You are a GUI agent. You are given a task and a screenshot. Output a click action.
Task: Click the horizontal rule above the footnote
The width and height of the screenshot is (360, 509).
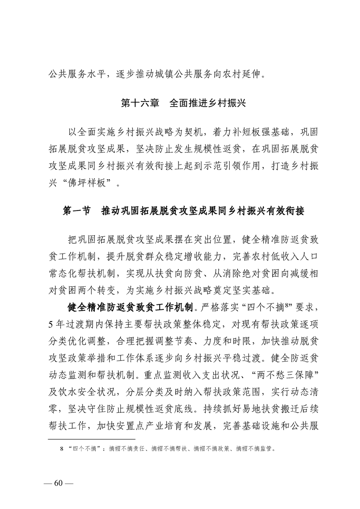91,439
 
